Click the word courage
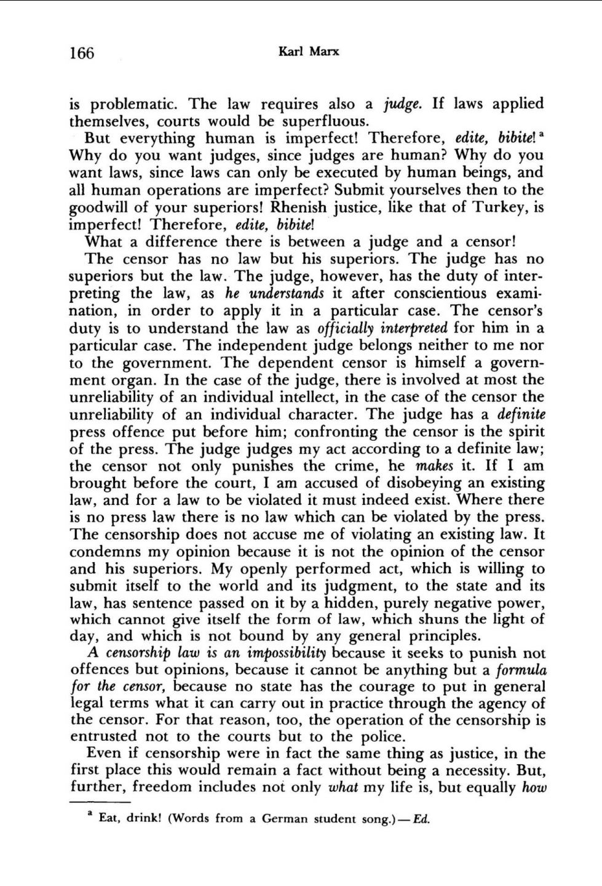pyautogui.click(x=387, y=686)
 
